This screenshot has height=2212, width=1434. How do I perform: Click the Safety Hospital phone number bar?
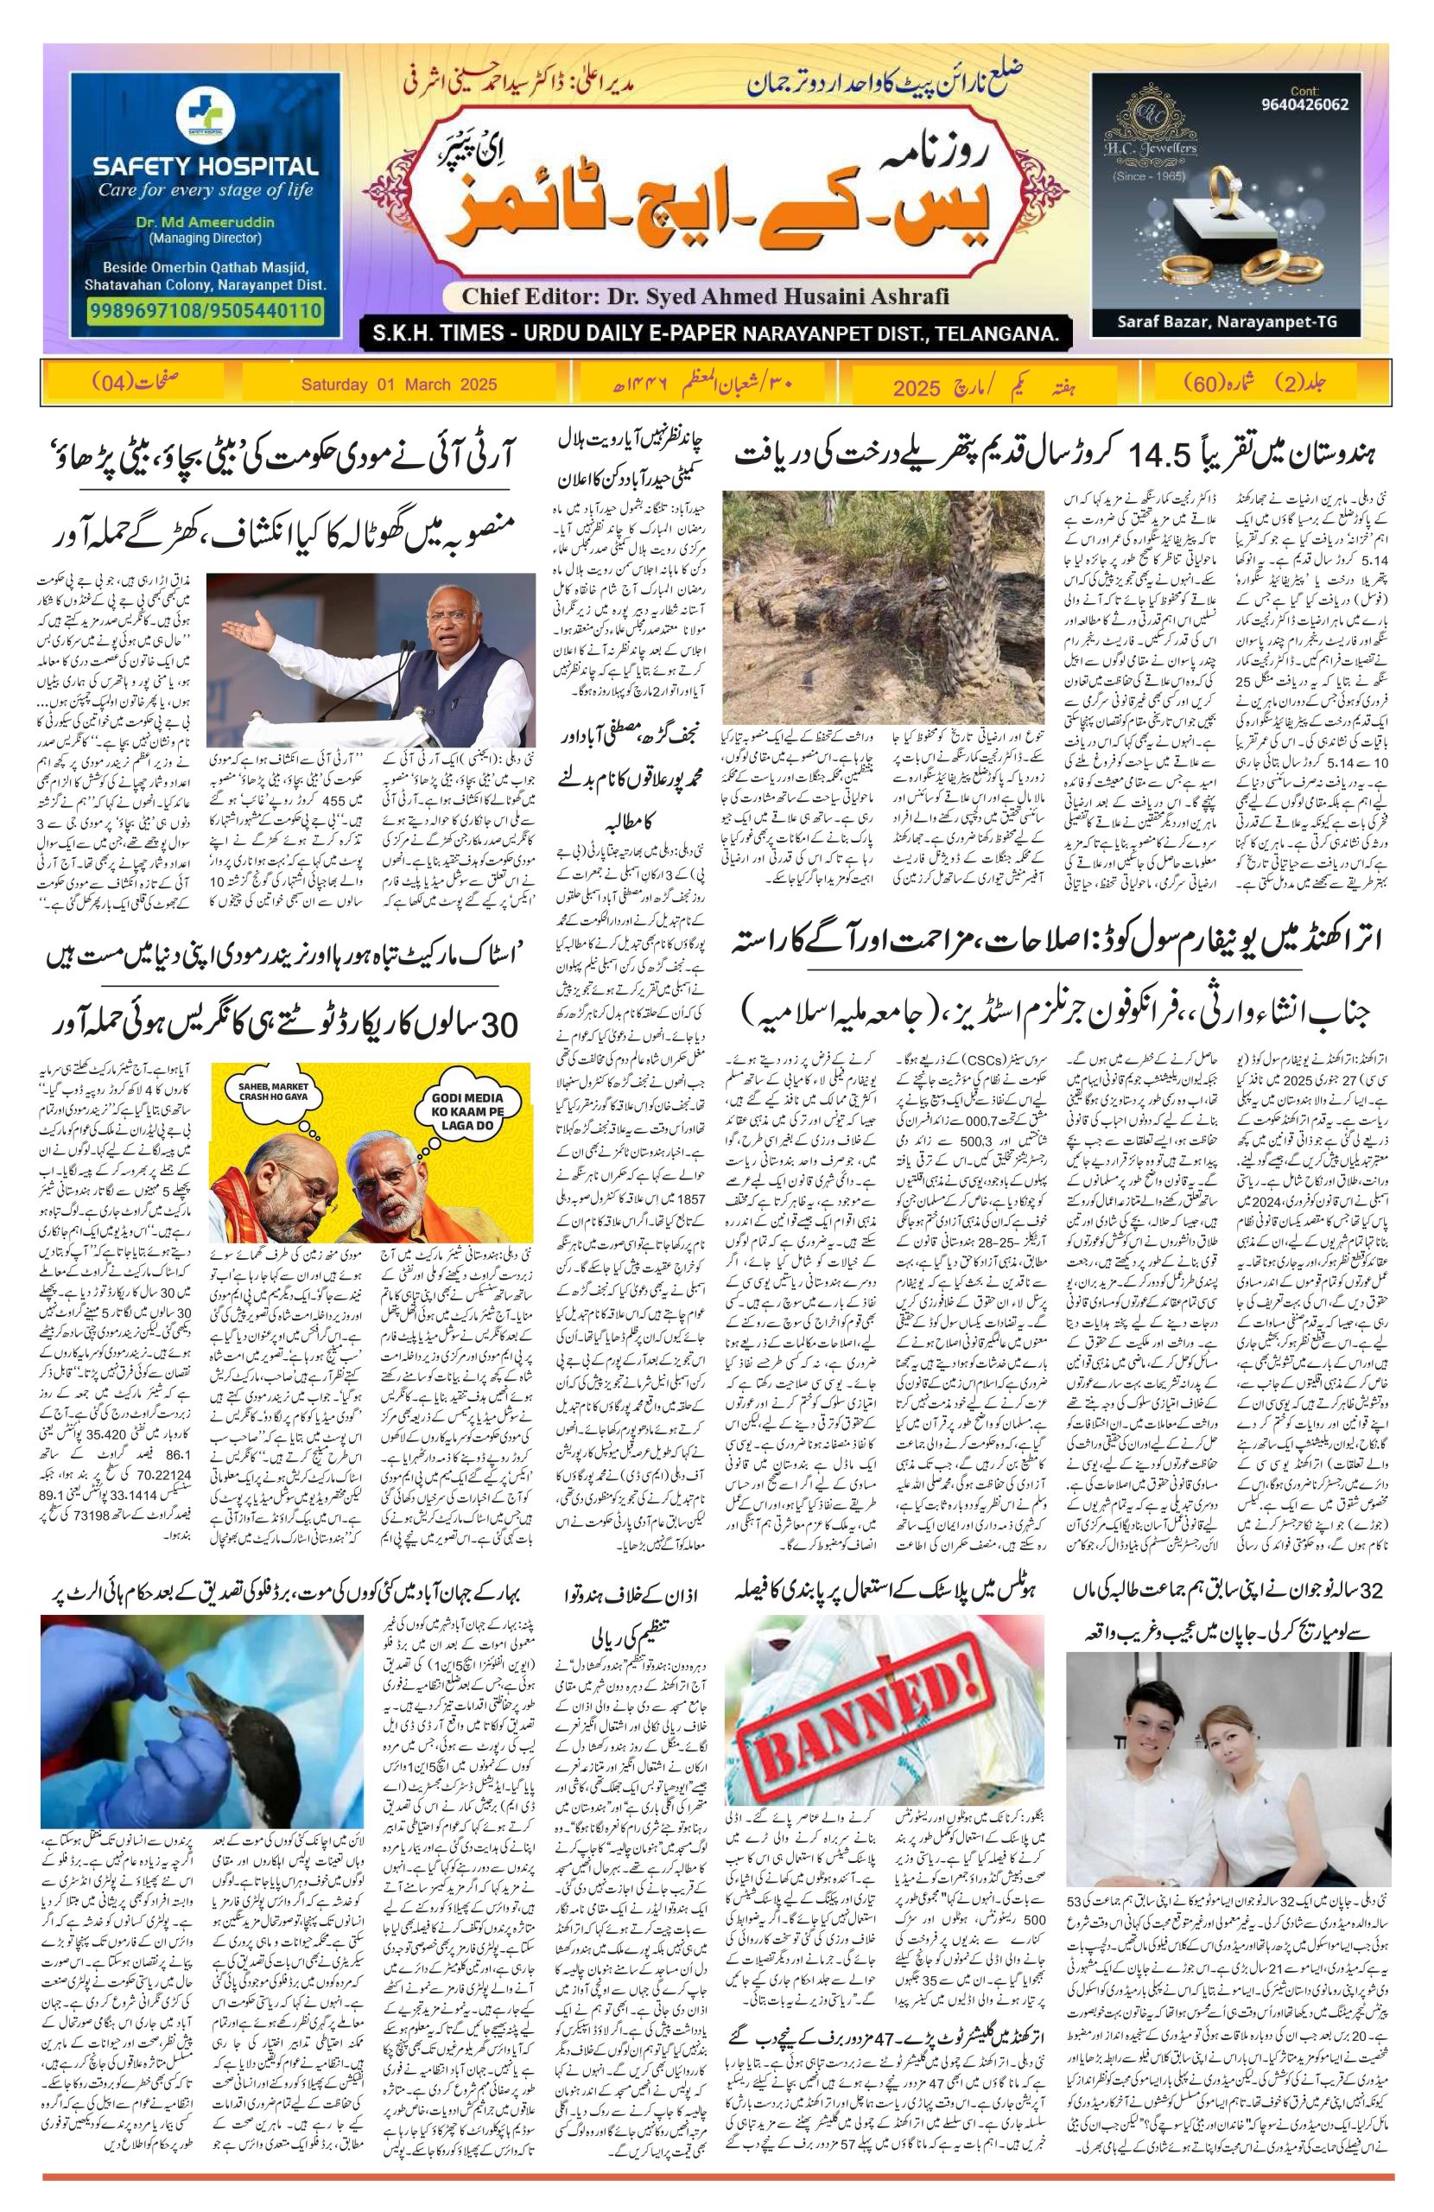pos(206,309)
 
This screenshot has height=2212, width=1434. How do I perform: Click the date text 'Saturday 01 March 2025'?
pos(400,384)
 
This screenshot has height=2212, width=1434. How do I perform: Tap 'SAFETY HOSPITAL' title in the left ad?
pos(206,168)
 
